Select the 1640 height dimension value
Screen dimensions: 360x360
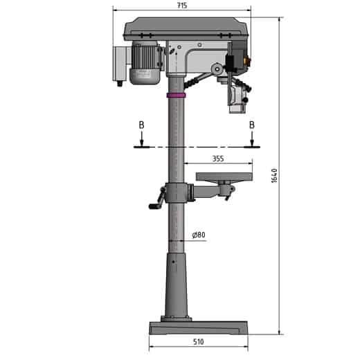pos(274,175)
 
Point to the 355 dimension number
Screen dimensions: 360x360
pos(217,159)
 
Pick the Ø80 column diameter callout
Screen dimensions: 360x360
pos(198,235)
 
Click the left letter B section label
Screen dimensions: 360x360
pos(141,125)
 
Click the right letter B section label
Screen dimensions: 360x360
pos(252,125)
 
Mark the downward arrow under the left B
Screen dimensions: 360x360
pos(141,138)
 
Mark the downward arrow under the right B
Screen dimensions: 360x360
pos(252,138)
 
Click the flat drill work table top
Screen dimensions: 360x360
pos(223,177)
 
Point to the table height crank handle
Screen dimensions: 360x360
pos(154,205)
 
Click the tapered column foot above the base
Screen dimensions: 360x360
pos(177,284)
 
